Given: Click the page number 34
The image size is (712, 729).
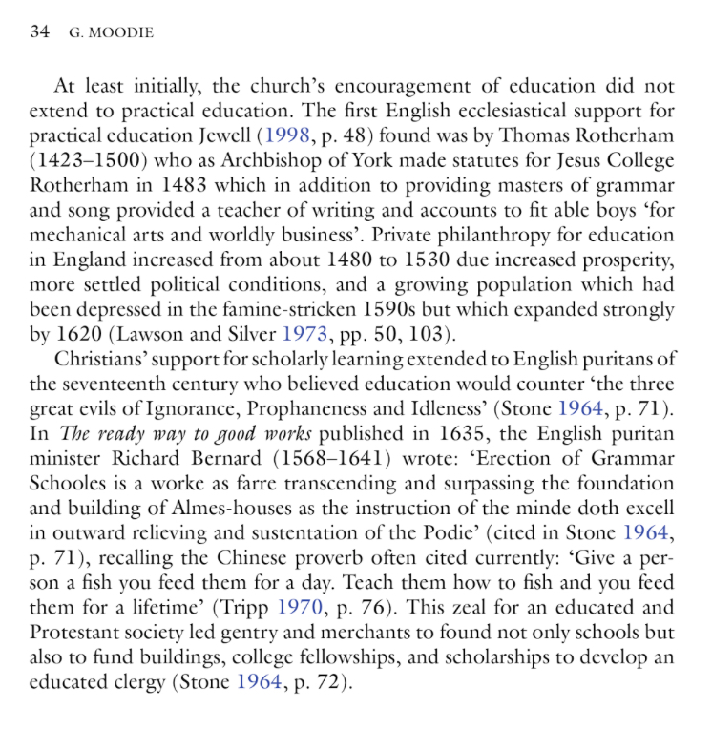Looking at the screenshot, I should [x=39, y=32].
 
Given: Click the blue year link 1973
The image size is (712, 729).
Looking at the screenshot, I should [x=306, y=335].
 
